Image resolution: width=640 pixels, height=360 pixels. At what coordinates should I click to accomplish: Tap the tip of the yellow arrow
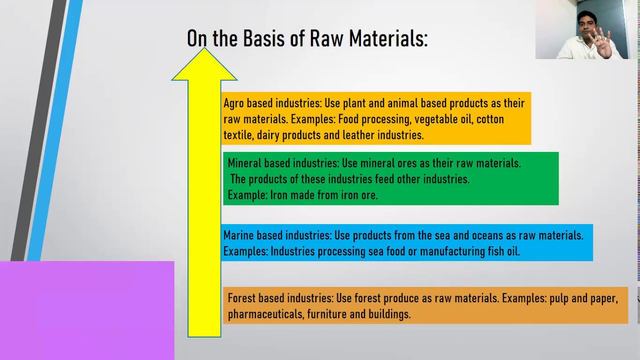(204, 49)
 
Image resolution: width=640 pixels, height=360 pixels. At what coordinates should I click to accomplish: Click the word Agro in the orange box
(233, 103)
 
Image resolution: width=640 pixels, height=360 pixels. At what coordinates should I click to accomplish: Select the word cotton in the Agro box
(490, 119)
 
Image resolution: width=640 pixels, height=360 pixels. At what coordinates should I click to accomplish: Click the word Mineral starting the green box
(244, 163)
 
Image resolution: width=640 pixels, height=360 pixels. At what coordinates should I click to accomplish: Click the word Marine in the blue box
(239, 235)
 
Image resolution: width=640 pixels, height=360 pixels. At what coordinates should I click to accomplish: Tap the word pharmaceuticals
(265, 314)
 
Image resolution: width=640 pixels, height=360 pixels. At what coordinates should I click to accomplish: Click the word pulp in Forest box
(559, 299)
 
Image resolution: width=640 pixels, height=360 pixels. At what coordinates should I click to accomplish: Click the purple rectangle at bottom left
(87, 310)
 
